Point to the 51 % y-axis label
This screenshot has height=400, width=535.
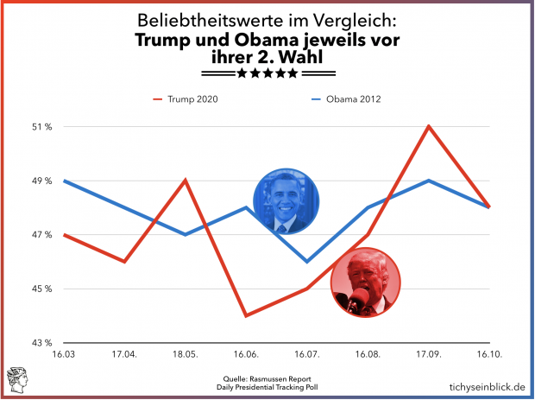pyautogui.click(x=43, y=127)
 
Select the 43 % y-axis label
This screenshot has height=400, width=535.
pyautogui.click(x=43, y=343)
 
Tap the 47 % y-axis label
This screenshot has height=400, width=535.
pyautogui.click(x=43, y=235)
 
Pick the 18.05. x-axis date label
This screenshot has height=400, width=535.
pyautogui.click(x=186, y=355)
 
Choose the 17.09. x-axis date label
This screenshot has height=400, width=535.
pyautogui.click(x=429, y=355)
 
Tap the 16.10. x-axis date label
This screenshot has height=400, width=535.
pyautogui.click(x=489, y=355)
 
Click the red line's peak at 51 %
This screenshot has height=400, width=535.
pyautogui.click(x=429, y=126)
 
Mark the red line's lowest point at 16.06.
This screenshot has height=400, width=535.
pyautogui.click(x=247, y=315)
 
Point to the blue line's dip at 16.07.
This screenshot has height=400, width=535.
pyautogui.click(x=307, y=261)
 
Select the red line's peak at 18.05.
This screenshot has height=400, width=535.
pyautogui.click(x=186, y=180)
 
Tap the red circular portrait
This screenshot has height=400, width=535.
pyautogui.click(x=365, y=281)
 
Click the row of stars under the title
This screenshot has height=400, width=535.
pyautogui.click(x=267, y=73)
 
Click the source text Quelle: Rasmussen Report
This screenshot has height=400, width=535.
pyautogui.click(x=267, y=378)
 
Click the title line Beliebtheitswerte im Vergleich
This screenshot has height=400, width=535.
pyautogui.click(x=267, y=21)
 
